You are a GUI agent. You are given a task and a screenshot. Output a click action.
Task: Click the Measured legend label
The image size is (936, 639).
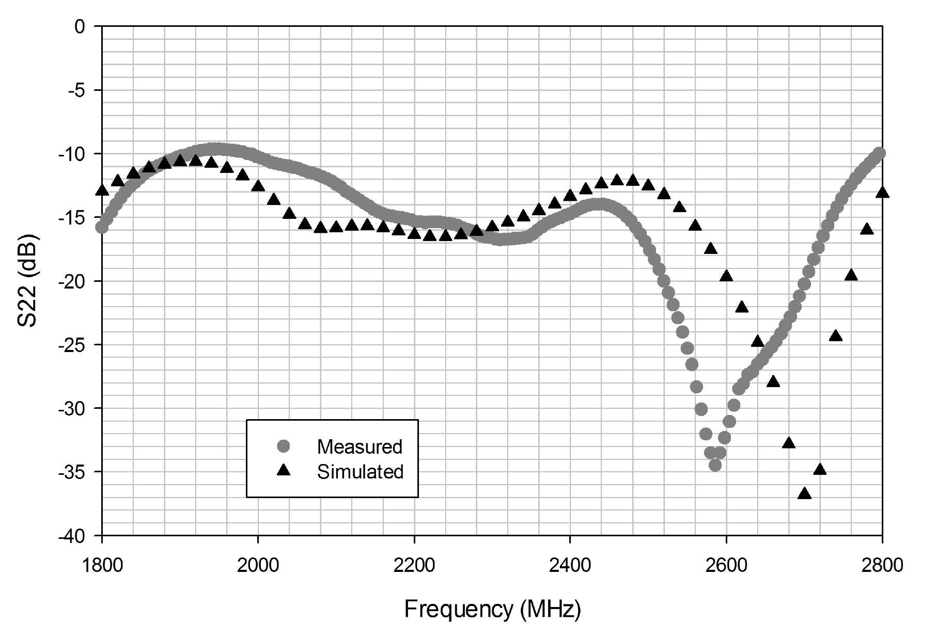pyautogui.click(x=360, y=446)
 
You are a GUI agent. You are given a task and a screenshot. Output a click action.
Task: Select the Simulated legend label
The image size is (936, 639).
pyautogui.click(x=360, y=472)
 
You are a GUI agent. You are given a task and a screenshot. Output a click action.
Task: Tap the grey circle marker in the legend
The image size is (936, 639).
pyautogui.click(x=284, y=446)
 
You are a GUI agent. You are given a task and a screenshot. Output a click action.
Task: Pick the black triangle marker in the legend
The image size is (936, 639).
pyautogui.click(x=284, y=470)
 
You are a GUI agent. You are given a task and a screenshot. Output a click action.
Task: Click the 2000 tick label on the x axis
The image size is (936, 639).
pyautogui.click(x=258, y=566)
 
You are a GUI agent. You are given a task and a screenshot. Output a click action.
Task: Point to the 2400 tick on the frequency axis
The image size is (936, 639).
pyautogui.click(x=570, y=566)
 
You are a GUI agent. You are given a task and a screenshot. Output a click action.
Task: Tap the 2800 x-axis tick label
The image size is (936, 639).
pyautogui.click(x=882, y=566)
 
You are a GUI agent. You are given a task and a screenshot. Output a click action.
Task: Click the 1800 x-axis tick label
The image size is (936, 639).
pyautogui.click(x=102, y=566)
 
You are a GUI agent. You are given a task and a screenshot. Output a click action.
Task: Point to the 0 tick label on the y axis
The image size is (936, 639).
pyautogui.click(x=80, y=26)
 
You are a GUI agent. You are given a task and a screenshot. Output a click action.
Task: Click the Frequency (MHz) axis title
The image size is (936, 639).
pyautogui.click(x=492, y=609)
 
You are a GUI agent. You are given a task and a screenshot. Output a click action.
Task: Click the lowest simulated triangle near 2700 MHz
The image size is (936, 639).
pyautogui.click(x=804, y=493)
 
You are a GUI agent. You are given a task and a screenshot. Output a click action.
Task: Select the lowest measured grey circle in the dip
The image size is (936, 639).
pyautogui.click(x=715, y=465)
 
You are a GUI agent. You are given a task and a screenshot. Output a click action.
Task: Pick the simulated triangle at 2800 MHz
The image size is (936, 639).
pyautogui.click(x=882, y=193)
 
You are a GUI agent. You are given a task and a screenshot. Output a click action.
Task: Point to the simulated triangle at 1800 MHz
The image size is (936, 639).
pyautogui.click(x=102, y=190)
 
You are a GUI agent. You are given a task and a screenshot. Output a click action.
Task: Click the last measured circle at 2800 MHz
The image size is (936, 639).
pyautogui.click(x=880, y=153)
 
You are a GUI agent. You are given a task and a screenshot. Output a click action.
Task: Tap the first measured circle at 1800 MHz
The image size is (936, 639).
pyautogui.click(x=102, y=227)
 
